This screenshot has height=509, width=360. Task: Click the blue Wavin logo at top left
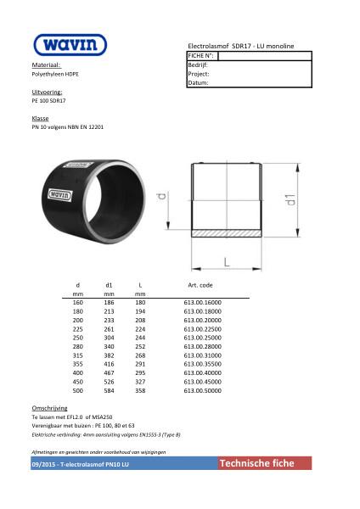click(70, 44)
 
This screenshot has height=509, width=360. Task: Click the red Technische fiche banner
click(264, 463)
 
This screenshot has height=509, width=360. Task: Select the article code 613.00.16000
click(202, 302)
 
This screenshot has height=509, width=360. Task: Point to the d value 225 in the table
click(78, 330)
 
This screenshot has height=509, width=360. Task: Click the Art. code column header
click(200, 285)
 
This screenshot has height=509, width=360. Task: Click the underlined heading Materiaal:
click(46, 64)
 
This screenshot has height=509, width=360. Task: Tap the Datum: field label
click(198, 83)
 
